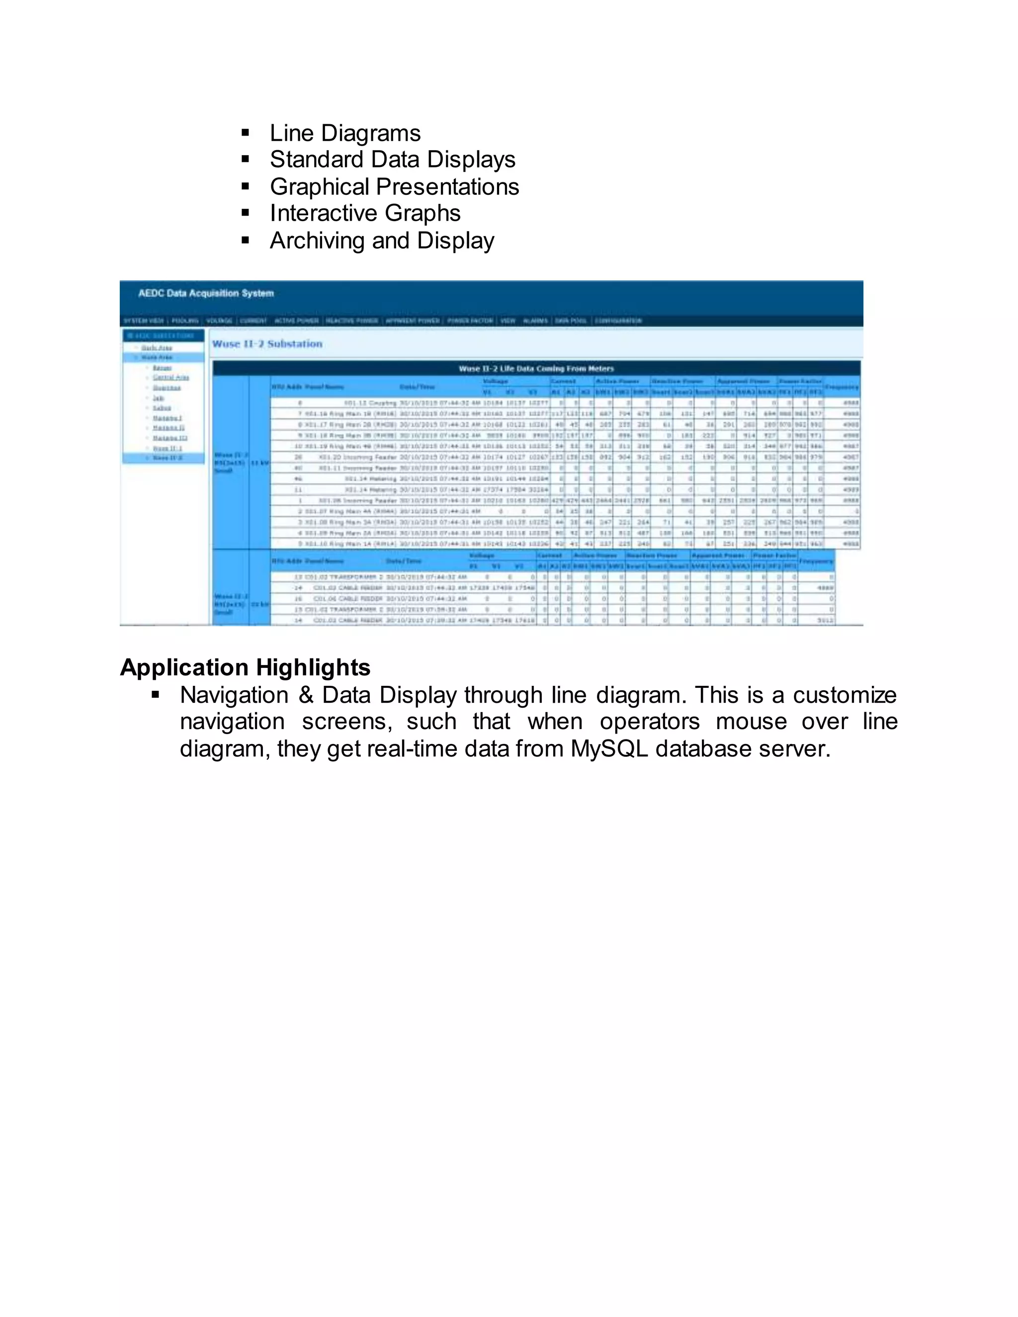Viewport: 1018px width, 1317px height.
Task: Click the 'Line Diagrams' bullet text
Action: (345, 133)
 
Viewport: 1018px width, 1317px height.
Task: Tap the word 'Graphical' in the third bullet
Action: (320, 187)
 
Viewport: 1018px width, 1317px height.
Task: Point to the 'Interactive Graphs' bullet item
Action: (365, 214)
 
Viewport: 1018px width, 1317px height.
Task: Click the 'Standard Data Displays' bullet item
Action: (393, 160)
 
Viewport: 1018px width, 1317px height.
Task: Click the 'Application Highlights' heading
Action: (245, 667)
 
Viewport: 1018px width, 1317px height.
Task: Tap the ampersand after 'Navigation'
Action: (306, 695)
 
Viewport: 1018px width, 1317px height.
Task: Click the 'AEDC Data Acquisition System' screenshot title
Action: (206, 294)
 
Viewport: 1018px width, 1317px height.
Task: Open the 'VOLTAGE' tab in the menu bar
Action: (219, 321)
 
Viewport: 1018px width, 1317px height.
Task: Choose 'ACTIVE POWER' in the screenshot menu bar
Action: (296, 321)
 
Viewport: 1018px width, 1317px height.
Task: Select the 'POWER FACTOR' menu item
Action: (470, 321)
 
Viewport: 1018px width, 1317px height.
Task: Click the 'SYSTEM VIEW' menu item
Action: (144, 321)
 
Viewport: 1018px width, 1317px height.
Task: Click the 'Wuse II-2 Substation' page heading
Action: (267, 344)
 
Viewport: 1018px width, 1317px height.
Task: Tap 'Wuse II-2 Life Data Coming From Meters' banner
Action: (536, 368)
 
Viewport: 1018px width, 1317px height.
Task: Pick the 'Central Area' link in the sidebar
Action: (170, 378)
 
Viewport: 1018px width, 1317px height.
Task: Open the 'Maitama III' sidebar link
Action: (170, 438)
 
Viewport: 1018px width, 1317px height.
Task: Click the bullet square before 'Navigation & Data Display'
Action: (156, 695)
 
